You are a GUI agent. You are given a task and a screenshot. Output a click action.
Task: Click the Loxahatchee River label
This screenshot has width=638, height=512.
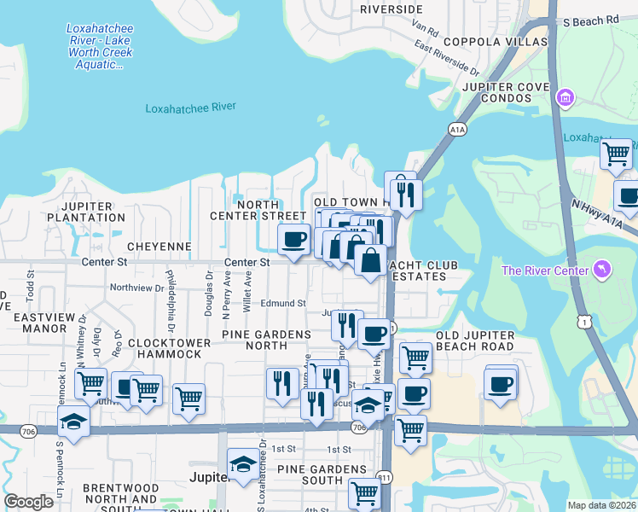point(190,108)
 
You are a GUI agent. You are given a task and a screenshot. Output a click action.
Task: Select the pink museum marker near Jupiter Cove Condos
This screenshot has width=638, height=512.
point(564,99)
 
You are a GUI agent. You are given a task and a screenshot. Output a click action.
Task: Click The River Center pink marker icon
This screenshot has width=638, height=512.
point(605,271)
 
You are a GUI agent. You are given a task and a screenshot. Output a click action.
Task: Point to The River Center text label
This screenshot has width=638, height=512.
point(545,271)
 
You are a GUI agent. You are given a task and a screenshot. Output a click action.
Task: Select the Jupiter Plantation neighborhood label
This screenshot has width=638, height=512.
point(93,212)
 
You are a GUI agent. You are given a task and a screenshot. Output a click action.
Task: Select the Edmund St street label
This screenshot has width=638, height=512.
point(283,303)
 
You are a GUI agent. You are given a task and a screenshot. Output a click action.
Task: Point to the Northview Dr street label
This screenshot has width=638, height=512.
point(136,288)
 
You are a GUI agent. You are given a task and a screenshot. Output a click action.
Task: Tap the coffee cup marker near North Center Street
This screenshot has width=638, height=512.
point(294,239)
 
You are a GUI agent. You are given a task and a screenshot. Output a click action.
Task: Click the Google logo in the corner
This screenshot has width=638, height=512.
point(29,502)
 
